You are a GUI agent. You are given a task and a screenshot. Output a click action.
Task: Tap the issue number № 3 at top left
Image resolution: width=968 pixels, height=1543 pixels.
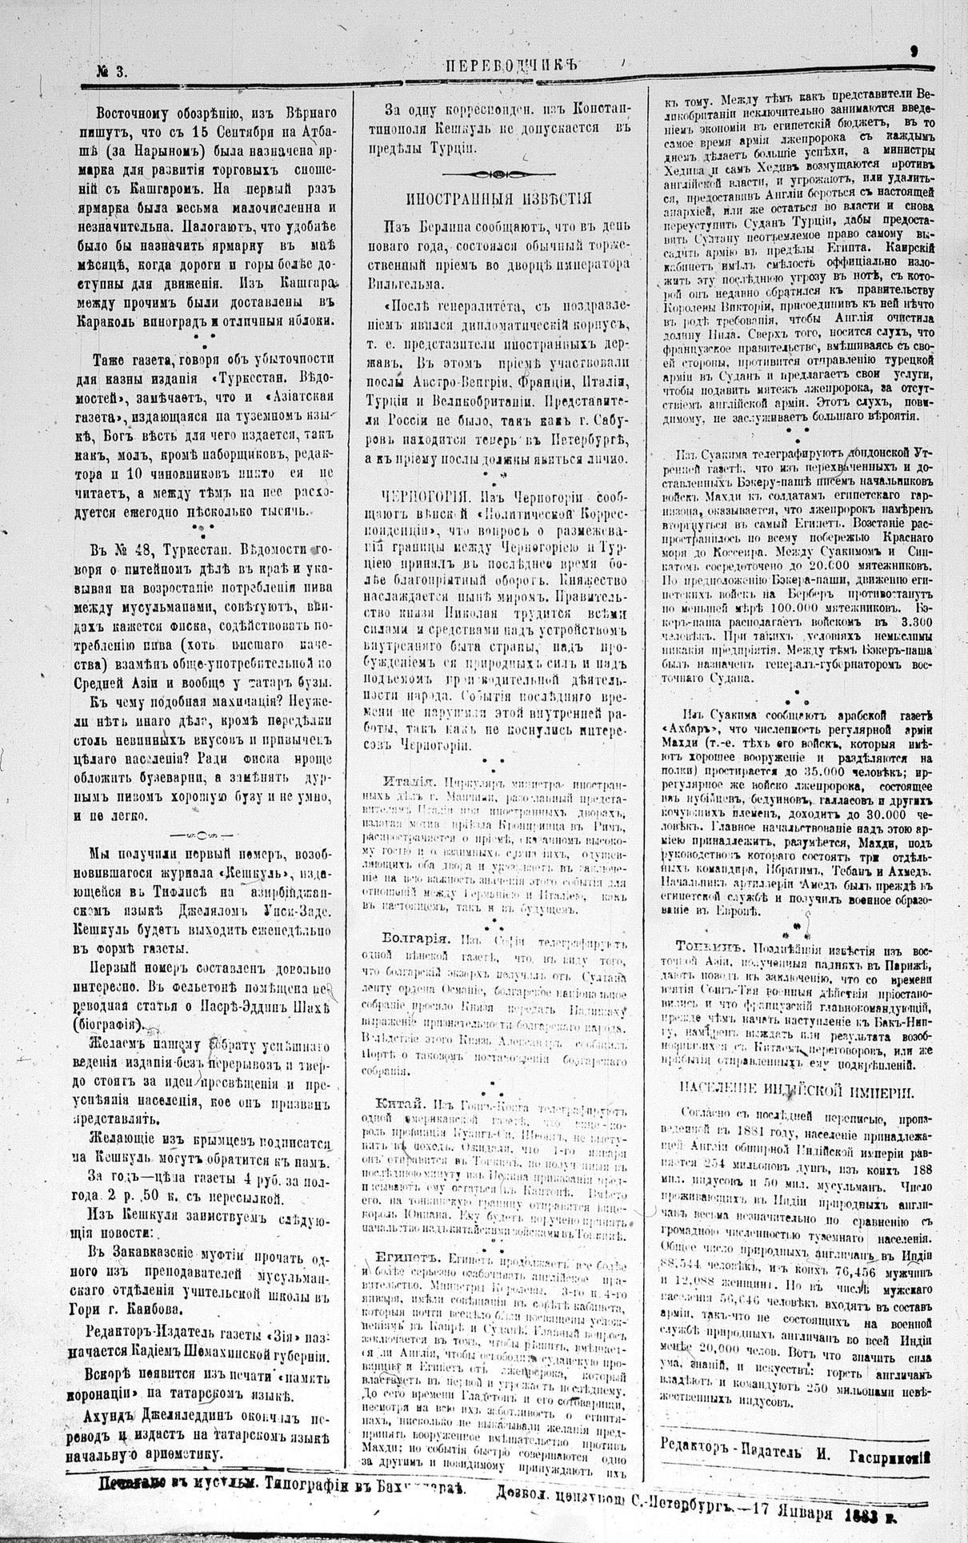111,71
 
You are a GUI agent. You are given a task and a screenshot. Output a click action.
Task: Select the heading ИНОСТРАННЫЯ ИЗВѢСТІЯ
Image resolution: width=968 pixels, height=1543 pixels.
498,198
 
